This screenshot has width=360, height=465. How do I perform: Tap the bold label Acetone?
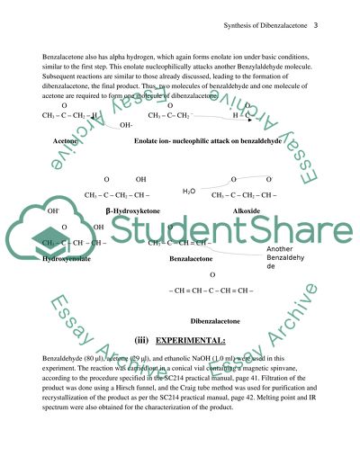pyautogui.click(x=65, y=142)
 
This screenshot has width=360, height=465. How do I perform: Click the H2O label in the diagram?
pyautogui.click(x=189, y=192)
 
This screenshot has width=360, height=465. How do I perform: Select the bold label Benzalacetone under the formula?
pyautogui.click(x=191, y=258)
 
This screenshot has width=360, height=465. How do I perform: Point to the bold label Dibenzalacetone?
pyautogui.click(x=215, y=321)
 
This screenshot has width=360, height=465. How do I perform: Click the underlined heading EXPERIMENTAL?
pyautogui.click(x=192, y=341)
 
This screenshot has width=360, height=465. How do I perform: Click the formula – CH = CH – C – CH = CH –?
pyautogui.click(x=211, y=290)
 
